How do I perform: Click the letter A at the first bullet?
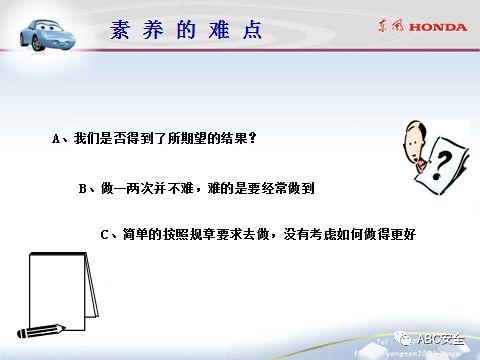(57, 139)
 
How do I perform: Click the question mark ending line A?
(252, 139)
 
